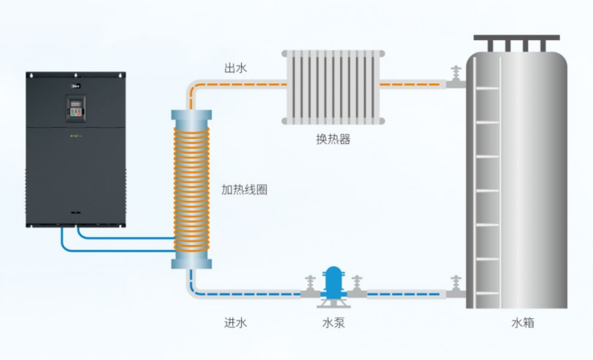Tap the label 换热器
(333, 138)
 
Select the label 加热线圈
(244, 190)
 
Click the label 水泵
(333, 323)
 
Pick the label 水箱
(522, 323)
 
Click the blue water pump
(332, 283)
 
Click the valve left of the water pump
(309, 288)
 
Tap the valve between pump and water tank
(357, 288)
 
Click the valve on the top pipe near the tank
(456, 78)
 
